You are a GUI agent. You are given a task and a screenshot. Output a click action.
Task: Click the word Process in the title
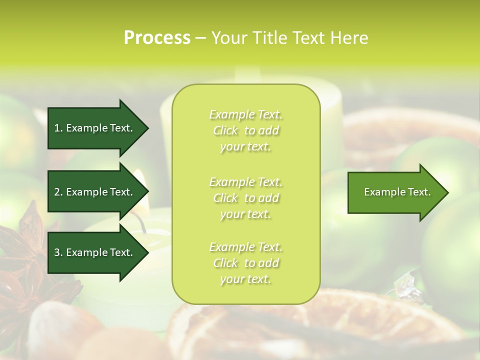click(x=157, y=38)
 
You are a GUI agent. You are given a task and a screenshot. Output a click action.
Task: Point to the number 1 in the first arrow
click(x=57, y=128)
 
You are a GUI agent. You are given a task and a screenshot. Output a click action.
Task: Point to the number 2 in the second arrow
click(x=57, y=192)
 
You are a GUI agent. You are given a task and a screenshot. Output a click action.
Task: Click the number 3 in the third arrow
click(x=57, y=252)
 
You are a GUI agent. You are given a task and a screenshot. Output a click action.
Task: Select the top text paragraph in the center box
click(x=245, y=130)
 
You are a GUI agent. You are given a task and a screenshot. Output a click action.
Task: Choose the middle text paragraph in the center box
click(x=245, y=198)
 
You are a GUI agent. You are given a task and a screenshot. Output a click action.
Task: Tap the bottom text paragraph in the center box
click(x=245, y=263)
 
